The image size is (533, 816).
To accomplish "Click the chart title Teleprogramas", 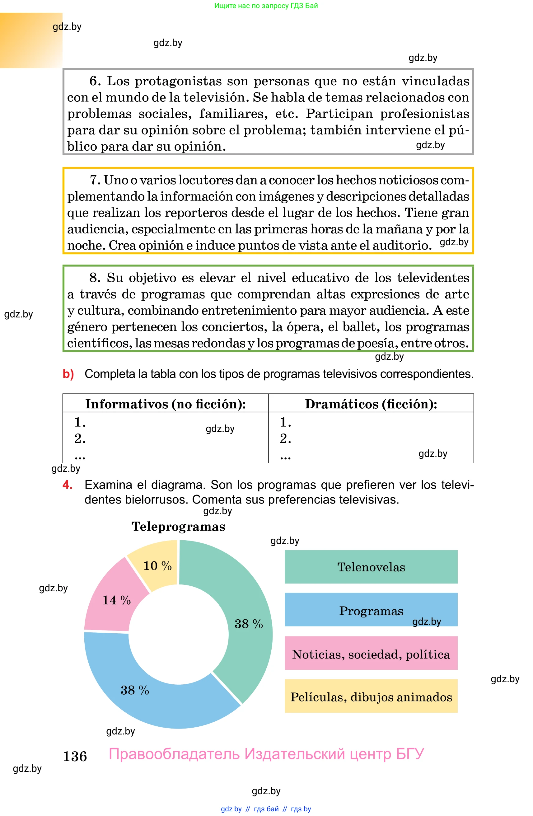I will (x=178, y=527).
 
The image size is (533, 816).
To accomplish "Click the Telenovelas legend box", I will (x=371, y=567).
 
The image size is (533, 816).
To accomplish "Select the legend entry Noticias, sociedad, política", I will (x=371, y=654).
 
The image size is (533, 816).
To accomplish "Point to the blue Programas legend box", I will (x=371, y=611).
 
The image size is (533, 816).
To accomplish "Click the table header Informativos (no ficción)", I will (x=165, y=404).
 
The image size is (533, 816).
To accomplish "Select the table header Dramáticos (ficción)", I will (x=371, y=404).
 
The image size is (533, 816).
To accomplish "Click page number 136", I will (x=75, y=756).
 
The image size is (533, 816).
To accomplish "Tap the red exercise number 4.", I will (x=68, y=485).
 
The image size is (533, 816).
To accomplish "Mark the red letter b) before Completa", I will (x=68, y=374).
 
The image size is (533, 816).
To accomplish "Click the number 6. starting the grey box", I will (x=95, y=81).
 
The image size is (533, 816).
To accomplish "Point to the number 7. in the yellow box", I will (x=95, y=180).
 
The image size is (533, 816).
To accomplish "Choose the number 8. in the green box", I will (x=95, y=278).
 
